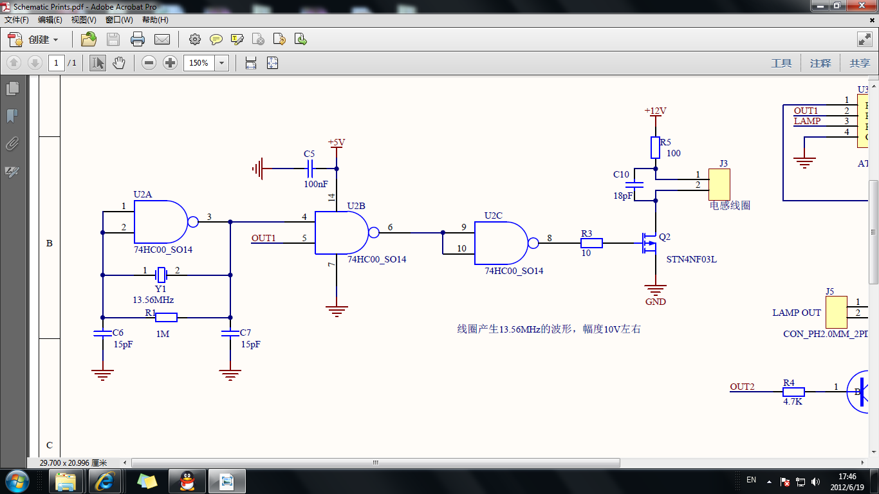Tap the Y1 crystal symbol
click(x=161, y=275)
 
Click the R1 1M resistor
click(x=166, y=317)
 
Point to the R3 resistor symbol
click(x=591, y=243)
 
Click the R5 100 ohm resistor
click(x=655, y=147)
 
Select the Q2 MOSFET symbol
click(x=649, y=243)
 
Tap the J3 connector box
click(x=719, y=185)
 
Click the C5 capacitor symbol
click(x=310, y=169)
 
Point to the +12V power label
click(x=655, y=111)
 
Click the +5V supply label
click(x=337, y=142)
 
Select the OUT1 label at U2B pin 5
click(x=263, y=238)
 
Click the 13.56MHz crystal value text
click(x=153, y=300)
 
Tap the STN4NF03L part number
click(x=692, y=259)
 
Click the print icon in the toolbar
click(x=137, y=39)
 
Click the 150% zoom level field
click(x=199, y=63)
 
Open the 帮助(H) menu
click(x=155, y=20)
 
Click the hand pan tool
click(x=118, y=63)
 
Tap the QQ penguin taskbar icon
click(x=187, y=480)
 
